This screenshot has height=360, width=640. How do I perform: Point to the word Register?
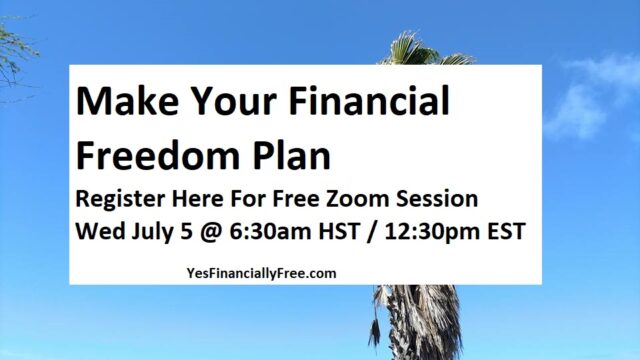click(121, 198)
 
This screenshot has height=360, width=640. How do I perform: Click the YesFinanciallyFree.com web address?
click(261, 271)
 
